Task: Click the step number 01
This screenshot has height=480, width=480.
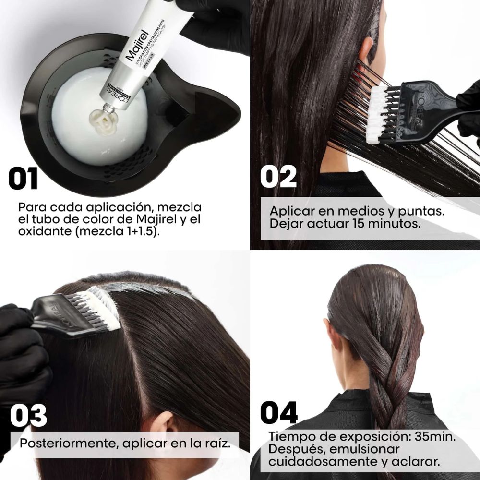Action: coord(23,178)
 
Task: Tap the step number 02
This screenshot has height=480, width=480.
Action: coord(278,176)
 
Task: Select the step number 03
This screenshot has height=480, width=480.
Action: coord(28,415)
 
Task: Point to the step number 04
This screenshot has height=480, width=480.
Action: coord(279,412)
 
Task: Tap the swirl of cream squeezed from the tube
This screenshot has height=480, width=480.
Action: coord(103,122)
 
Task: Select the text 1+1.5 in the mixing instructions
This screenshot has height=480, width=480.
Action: coord(139,231)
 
